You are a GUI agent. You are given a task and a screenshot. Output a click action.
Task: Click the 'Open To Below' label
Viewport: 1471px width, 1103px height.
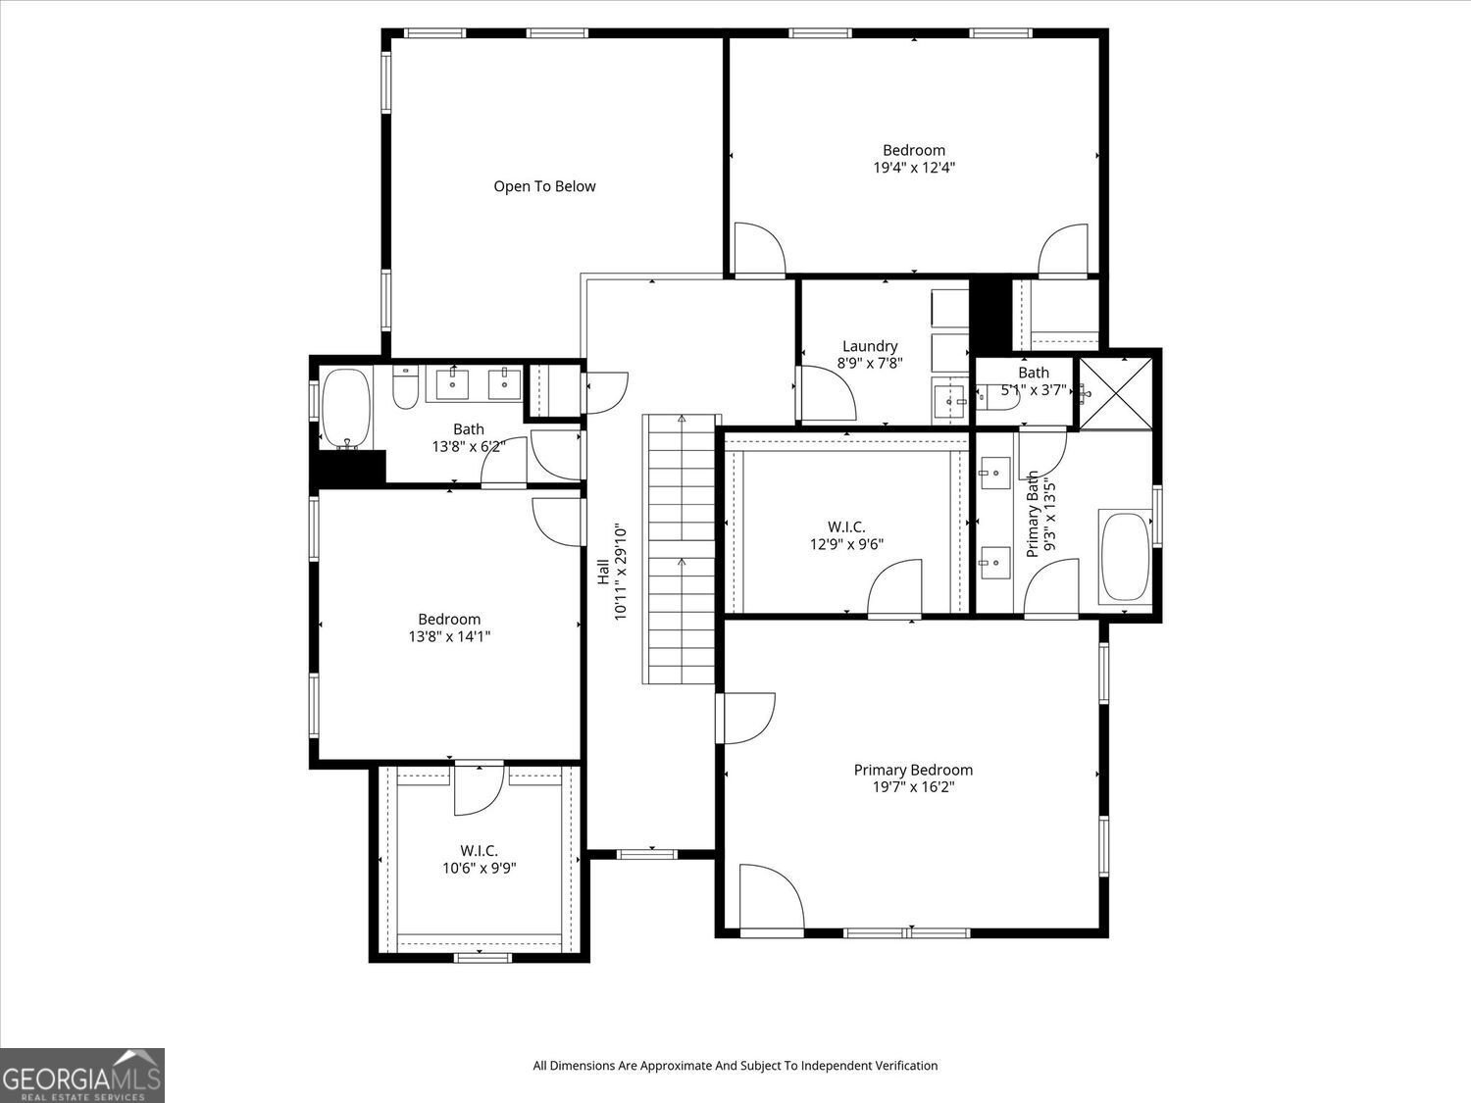point(544,186)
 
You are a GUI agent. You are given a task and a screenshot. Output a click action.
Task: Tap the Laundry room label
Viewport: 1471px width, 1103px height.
point(870,346)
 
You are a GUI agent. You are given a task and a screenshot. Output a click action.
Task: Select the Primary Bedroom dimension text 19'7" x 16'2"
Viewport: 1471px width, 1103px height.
point(913,786)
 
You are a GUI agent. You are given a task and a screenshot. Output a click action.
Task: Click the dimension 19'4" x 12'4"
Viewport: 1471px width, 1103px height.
point(914,168)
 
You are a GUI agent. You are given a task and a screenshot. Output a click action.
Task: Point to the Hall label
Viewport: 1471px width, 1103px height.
point(603,572)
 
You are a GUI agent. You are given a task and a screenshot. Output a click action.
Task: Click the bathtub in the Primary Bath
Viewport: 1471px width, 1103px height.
point(1125,556)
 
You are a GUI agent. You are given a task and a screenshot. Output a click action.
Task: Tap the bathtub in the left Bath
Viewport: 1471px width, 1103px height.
point(345,407)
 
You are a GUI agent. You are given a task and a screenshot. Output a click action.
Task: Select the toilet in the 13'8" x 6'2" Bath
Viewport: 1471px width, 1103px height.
point(405,389)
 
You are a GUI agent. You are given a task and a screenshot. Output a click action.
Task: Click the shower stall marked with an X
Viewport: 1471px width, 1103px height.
point(1116,393)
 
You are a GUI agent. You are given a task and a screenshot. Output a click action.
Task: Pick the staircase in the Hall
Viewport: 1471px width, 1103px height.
point(680,549)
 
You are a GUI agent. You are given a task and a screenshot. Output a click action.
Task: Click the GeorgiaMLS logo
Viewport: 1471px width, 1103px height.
point(82,1076)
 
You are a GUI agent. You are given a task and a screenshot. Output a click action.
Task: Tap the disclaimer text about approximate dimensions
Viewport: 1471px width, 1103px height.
point(735,1066)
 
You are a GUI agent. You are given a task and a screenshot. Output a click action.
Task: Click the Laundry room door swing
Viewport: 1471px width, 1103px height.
point(829,394)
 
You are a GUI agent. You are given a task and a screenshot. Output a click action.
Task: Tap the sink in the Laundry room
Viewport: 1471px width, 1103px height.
point(949,400)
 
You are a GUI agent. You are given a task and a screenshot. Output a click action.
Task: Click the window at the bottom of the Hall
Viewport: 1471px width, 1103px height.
point(647,854)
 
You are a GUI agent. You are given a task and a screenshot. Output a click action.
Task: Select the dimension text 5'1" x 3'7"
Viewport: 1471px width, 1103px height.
point(1034,389)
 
